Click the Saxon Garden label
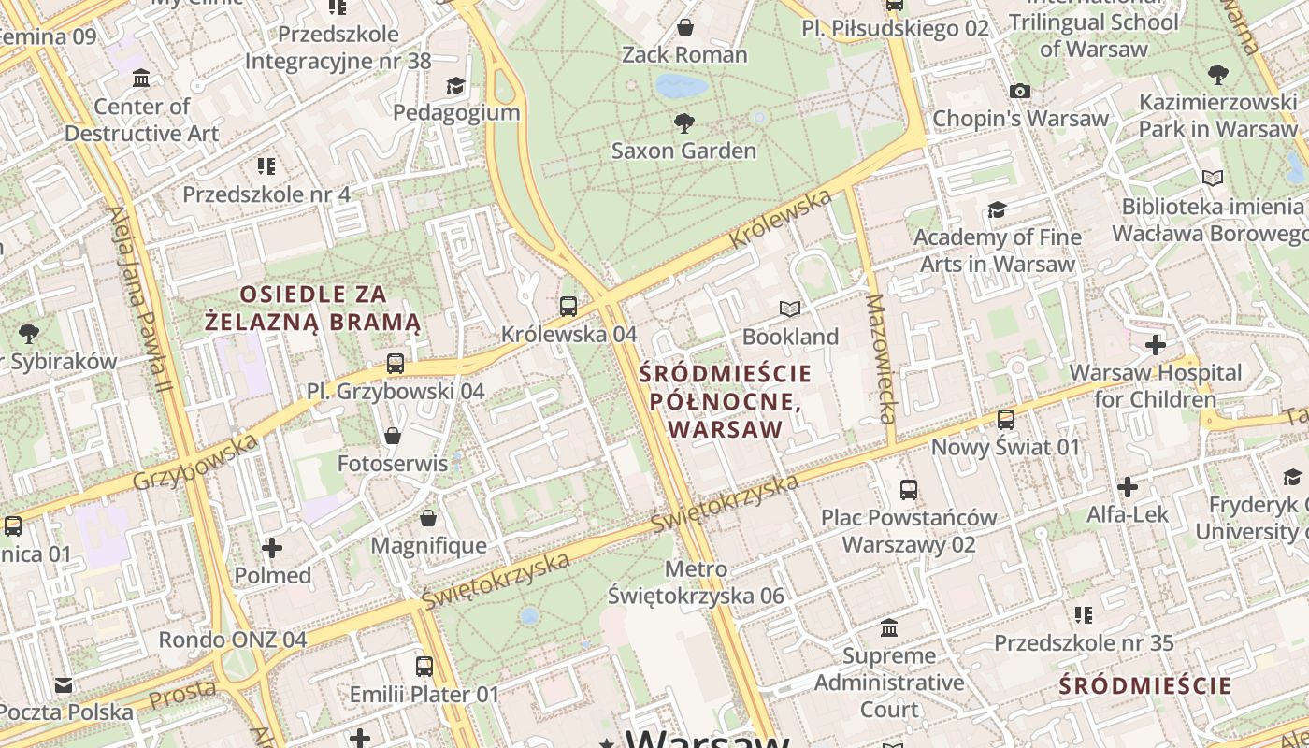pyautogui.click(x=683, y=151)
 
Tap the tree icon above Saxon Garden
pyautogui.click(x=683, y=122)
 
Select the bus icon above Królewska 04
pyautogui.click(x=568, y=306)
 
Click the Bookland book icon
pyautogui.click(x=790, y=309)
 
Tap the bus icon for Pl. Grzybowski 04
pyautogui.click(x=396, y=364)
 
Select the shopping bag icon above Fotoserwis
pyautogui.click(x=393, y=436)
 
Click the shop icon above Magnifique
pyautogui.click(x=428, y=518)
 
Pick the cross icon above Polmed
pyautogui.click(x=272, y=547)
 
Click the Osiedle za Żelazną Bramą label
pyautogui.click(x=312, y=309)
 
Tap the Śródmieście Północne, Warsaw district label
pyautogui.click(x=726, y=402)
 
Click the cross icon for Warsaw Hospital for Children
pyautogui.click(x=1156, y=345)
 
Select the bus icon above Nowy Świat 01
pyautogui.click(x=1006, y=420)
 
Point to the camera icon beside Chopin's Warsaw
pyautogui.click(x=1020, y=91)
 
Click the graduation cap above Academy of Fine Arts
pyautogui.click(x=997, y=209)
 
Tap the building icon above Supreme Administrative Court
pyautogui.click(x=888, y=627)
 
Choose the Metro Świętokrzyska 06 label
pyautogui.click(x=696, y=582)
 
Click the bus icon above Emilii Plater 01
pyautogui.click(x=424, y=667)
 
